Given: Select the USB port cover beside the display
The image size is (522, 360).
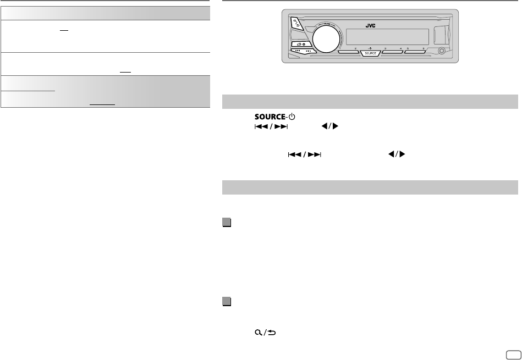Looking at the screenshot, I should (439, 35).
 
